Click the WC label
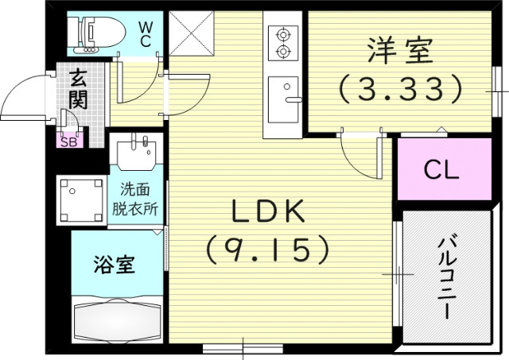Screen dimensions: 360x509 point(146,33)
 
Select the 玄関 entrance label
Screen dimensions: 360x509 point(78,90)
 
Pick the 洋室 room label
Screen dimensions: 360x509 point(400,50)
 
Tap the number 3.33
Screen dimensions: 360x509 point(400,87)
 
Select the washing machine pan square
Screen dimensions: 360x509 point(81,200)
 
